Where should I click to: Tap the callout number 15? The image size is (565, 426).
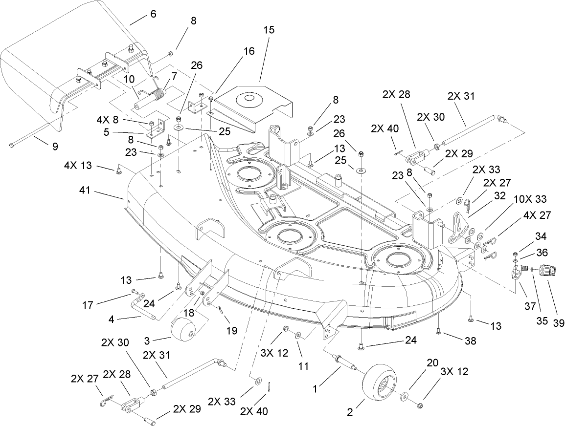(x=269, y=30)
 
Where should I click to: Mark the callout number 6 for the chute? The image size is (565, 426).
(x=153, y=14)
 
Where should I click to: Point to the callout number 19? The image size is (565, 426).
(x=231, y=330)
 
